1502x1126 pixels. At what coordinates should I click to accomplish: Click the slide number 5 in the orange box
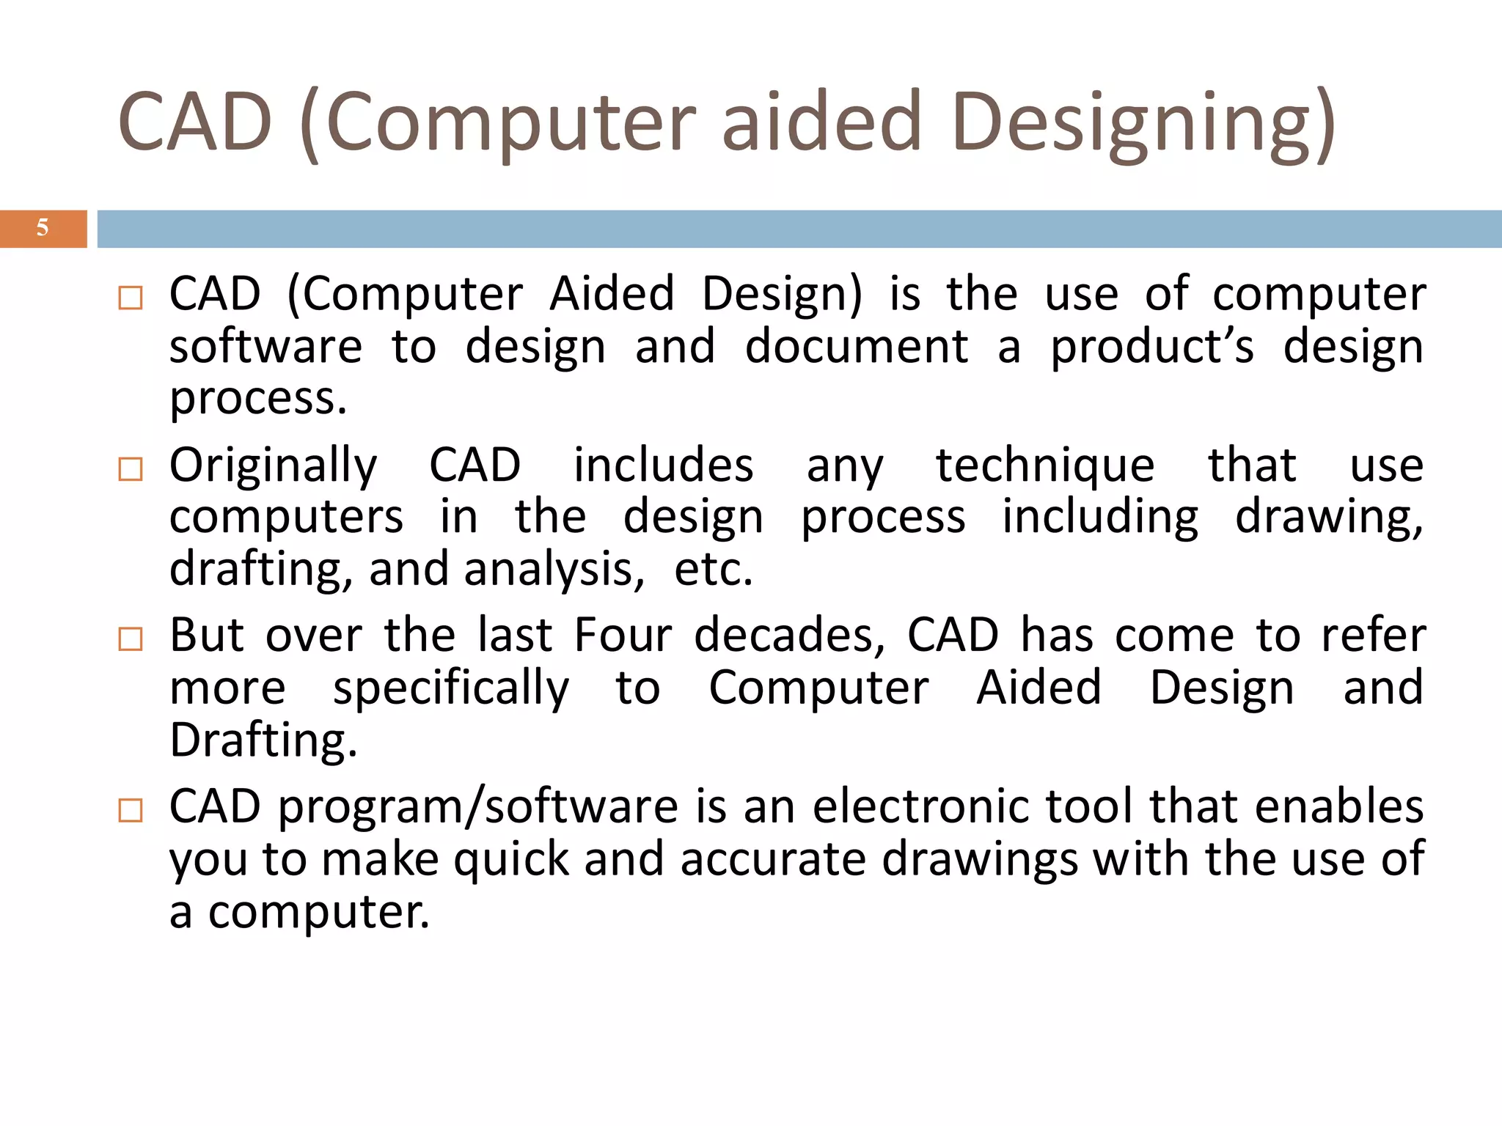(x=43, y=228)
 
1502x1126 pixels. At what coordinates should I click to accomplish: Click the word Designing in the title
(x=1144, y=123)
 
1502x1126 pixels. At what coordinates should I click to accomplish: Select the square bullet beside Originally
(x=131, y=469)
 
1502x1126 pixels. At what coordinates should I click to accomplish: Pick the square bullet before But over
(x=131, y=639)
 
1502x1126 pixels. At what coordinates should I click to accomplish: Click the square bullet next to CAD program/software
(x=131, y=811)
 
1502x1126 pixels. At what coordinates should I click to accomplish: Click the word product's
(x=1152, y=348)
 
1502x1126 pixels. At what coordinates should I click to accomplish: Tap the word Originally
(x=273, y=466)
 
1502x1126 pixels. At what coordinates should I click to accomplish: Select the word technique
(x=1045, y=466)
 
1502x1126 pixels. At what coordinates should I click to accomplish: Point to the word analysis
(x=554, y=570)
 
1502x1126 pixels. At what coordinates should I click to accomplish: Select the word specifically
(x=450, y=689)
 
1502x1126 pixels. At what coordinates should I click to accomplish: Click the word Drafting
(x=263, y=740)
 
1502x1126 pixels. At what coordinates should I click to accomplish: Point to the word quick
(x=511, y=860)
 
